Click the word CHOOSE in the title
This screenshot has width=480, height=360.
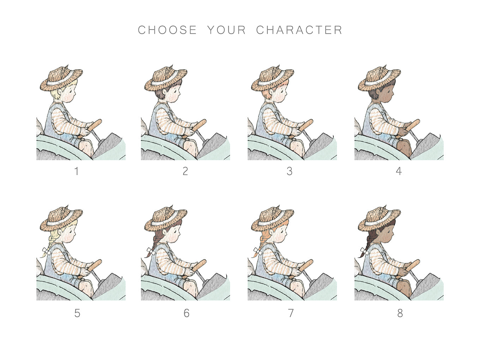click(x=167, y=30)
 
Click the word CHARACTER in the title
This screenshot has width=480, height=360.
click(x=299, y=30)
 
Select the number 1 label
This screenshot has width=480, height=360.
click(x=77, y=171)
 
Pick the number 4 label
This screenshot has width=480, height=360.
click(x=399, y=171)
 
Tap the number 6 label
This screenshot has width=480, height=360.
click(x=186, y=313)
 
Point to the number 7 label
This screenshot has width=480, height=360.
click(x=290, y=313)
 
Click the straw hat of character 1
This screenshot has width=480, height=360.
click(x=61, y=78)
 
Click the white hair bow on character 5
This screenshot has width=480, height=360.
click(x=46, y=251)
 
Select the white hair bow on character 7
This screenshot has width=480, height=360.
click(x=258, y=251)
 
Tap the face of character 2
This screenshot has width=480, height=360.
click(x=174, y=95)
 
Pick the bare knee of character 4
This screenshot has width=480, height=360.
click(x=404, y=148)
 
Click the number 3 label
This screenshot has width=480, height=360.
click(x=289, y=171)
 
